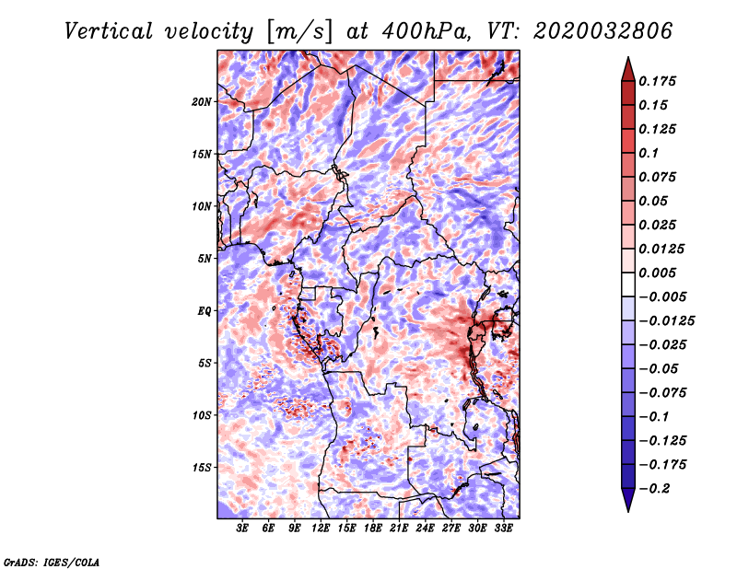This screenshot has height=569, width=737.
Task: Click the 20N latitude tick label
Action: click(x=202, y=102)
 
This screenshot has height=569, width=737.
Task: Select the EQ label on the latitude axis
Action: click(x=205, y=311)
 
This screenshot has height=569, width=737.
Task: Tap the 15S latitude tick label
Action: click(x=202, y=468)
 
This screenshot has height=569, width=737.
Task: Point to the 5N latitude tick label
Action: click(x=205, y=259)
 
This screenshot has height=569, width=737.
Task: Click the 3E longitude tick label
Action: click(x=242, y=528)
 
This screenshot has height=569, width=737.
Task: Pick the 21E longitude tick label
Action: click(x=399, y=528)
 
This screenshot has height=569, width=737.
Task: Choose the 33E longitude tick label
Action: click(x=503, y=528)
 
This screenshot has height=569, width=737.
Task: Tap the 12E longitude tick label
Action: click(x=320, y=528)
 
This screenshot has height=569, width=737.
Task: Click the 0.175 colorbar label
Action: click(x=657, y=81)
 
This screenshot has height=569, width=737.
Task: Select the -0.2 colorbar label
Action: click(x=654, y=489)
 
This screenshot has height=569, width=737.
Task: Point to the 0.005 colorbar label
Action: click(x=657, y=273)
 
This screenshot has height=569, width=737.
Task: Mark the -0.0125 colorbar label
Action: click(x=666, y=321)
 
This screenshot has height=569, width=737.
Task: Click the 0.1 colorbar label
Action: click(x=649, y=153)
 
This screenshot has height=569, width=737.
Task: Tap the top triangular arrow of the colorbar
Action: click(x=628, y=69)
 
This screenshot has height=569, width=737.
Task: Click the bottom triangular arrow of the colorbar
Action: click(x=628, y=500)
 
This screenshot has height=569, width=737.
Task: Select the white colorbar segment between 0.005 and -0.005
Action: click(x=628, y=284)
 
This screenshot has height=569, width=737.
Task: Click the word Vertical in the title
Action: click(x=109, y=31)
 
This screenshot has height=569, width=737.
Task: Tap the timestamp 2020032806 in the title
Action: click(x=603, y=31)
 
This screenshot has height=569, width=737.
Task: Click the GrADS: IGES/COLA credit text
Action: click(x=52, y=562)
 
